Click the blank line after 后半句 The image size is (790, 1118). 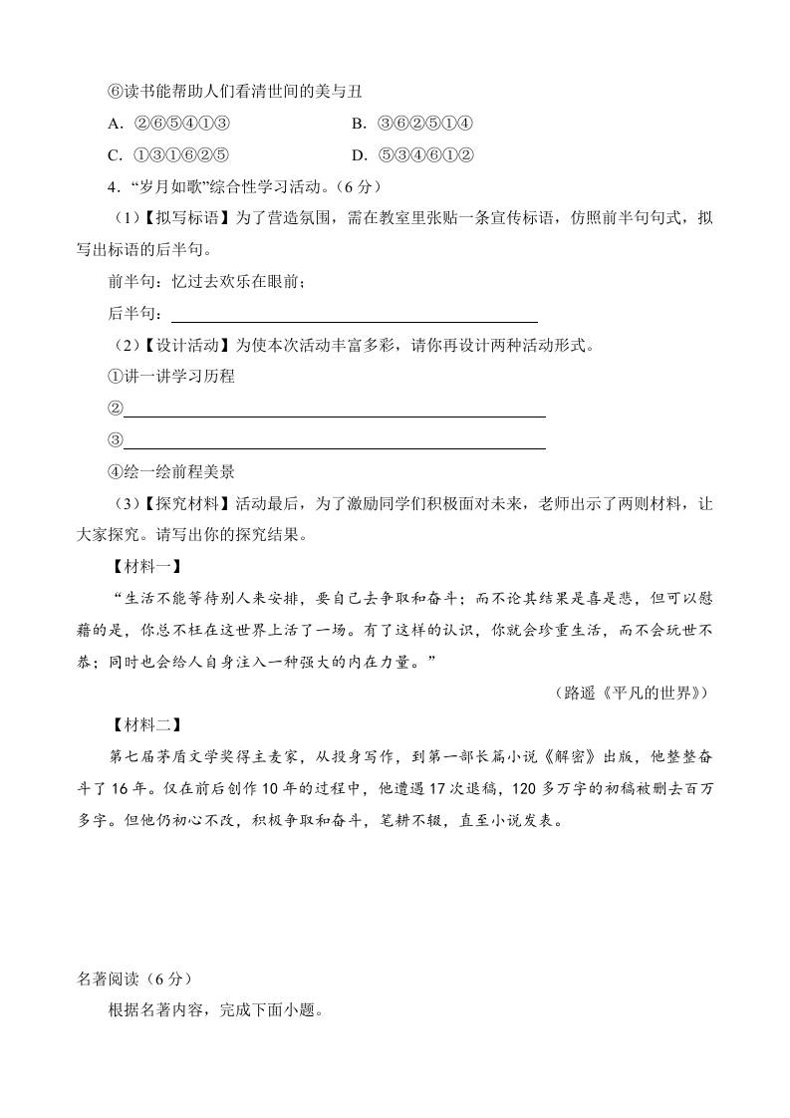click(x=354, y=314)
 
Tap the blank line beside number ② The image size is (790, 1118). click(x=334, y=409)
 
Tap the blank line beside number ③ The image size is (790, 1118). click(x=334, y=441)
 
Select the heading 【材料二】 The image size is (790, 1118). click(x=141, y=724)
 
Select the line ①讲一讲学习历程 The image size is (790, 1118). click(x=170, y=377)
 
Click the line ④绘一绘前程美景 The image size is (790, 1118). click(x=170, y=472)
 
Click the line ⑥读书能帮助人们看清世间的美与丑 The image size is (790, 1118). click(x=235, y=92)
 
